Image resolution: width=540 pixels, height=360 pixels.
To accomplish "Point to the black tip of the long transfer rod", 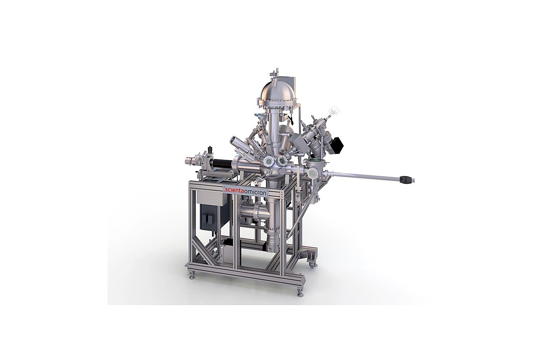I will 405,179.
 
